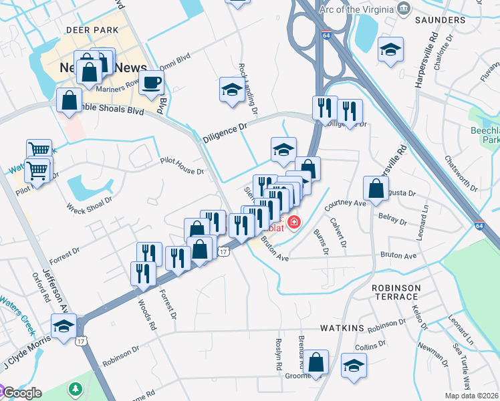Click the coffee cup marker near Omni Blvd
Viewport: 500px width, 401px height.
[152, 83]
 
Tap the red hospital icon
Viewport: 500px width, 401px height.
[293, 221]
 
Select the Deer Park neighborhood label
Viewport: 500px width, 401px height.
[92, 30]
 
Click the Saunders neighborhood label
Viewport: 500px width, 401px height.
[440, 20]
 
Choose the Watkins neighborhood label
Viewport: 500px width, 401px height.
[342, 328]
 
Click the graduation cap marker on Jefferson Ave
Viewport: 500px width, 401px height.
[64, 327]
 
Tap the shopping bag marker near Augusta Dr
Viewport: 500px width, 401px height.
[376, 189]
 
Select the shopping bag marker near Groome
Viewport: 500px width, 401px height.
[318, 363]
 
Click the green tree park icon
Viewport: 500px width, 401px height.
[76, 388]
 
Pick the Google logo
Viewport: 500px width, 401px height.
[21, 393]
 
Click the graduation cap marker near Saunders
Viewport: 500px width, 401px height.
[390, 49]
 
